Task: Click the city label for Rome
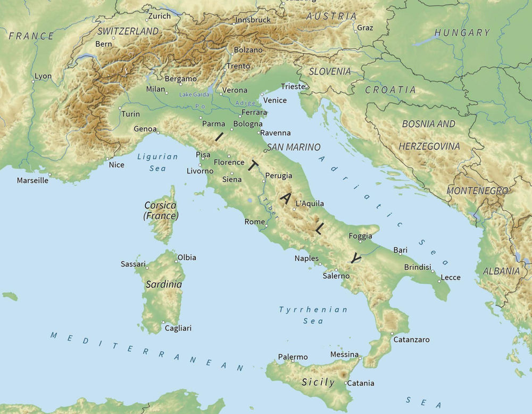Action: coord(254,222)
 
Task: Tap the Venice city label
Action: coord(275,100)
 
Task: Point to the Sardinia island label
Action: coord(164,285)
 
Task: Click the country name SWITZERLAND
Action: coord(128,31)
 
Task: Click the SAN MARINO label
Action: coord(294,147)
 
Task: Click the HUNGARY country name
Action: coord(462,32)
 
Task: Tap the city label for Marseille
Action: coord(32,180)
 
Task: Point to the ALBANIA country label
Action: coord(501,271)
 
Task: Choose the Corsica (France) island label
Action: coord(161,211)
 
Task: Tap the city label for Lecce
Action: coord(451,277)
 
